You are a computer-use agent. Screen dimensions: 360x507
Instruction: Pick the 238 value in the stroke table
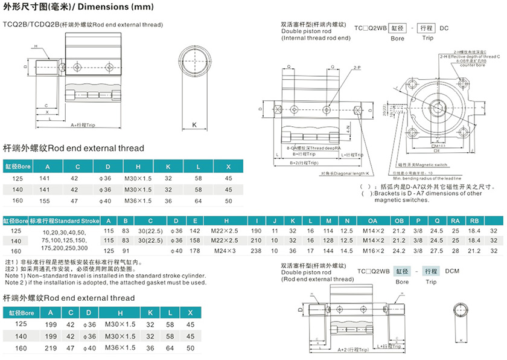[x=257, y=249]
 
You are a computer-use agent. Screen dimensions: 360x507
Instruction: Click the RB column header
[x=474, y=221]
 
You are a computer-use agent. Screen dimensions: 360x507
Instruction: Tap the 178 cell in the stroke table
[x=194, y=249]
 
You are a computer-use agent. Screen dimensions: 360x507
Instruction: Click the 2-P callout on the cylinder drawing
[x=357, y=68]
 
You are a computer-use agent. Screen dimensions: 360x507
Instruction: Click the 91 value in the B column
[x=126, y=249]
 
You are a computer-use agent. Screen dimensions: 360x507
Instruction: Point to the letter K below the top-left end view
[x=195, y=125]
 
